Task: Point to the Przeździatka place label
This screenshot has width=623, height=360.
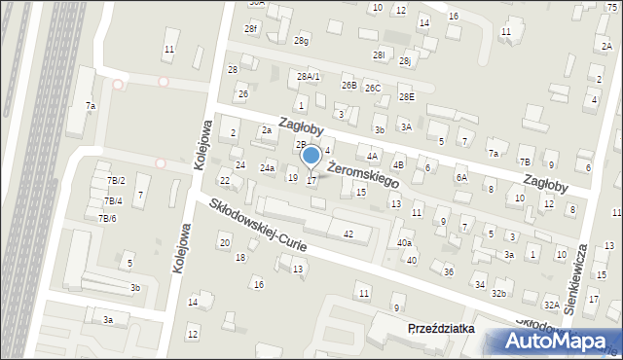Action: coord(441,329)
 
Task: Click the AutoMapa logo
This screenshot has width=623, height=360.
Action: coord(550,340)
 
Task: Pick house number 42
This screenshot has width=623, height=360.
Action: coord(348,234)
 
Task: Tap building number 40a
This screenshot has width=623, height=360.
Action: coord(404,243)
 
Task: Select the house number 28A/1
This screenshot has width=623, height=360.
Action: coord(309,76)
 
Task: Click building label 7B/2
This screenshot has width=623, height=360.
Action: coord(116,181)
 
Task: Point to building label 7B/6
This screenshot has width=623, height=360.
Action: coord(107,218)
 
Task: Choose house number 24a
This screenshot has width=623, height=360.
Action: coord(267,168)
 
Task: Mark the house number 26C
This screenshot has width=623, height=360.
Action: coord(373,89)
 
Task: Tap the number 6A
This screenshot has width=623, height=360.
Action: coord(461,178)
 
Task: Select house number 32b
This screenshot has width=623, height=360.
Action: coord(500,293)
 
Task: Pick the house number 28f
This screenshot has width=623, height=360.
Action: coord(250,29)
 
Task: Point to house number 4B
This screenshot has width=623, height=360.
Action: coord(398,165)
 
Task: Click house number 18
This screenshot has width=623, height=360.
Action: coord(240,257)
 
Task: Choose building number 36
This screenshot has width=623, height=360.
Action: coord(449,271)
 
